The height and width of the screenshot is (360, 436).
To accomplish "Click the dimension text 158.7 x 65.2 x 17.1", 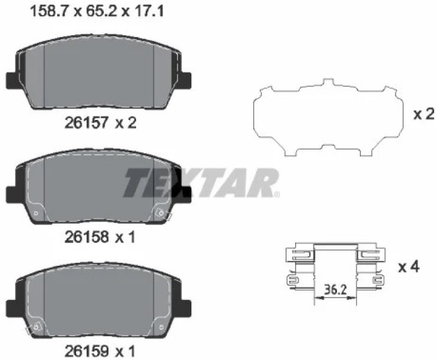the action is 97,11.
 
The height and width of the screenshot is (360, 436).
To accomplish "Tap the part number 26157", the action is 86,122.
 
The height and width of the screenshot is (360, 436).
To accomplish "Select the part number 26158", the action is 86,237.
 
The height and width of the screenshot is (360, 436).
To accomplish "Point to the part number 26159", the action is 86,351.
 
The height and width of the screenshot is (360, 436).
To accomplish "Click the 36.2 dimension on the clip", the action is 335,290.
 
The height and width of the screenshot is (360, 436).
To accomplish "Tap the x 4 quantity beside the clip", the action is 409,267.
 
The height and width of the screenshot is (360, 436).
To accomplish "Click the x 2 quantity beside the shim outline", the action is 424,114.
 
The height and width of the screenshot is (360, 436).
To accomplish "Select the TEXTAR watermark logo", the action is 202,183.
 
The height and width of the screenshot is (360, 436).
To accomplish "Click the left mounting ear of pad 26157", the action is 11,80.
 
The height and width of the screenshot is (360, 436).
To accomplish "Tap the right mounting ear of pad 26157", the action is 185,80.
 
